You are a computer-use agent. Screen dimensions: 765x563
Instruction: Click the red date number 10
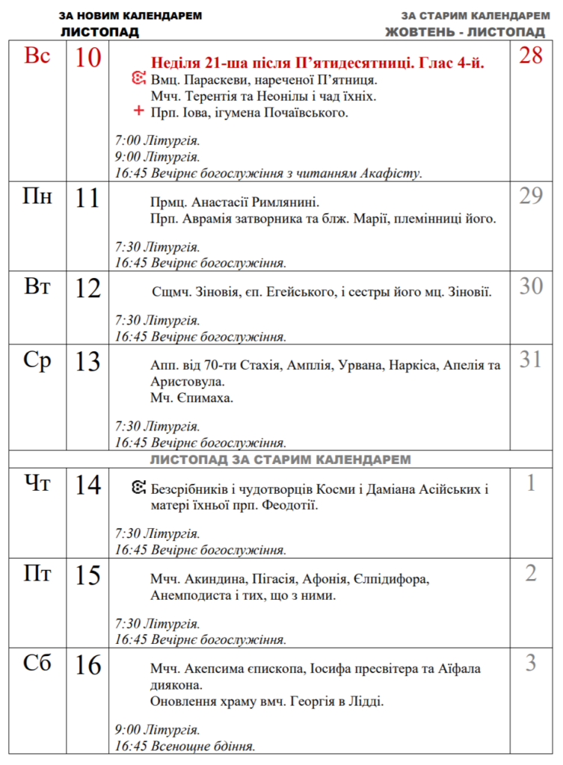(x=87, y=58)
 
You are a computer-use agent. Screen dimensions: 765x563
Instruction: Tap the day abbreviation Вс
(x=37, y=56)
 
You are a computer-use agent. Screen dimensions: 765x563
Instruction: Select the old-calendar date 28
(x=530, y=55)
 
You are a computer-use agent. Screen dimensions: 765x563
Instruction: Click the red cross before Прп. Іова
(x=138, y=112)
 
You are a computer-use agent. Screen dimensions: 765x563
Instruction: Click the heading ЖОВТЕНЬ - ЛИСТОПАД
(x=464, y=32)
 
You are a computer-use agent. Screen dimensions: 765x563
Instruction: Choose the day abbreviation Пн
(x=37, y=197)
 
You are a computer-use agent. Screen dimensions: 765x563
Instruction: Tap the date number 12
(x=87, y=288)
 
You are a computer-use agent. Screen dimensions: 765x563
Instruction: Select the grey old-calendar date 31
(x=530, y=359)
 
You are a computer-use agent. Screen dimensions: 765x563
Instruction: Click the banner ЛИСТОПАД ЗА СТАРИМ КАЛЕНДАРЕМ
(x=280, y=459)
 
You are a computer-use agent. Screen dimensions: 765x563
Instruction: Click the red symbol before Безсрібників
(x=139, y=490)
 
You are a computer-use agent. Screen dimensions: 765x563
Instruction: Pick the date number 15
(x=87, y=575)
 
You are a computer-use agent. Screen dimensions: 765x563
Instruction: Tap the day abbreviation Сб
(x=37, y=663)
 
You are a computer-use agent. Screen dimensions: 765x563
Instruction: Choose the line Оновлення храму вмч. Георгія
(x=267, y=701)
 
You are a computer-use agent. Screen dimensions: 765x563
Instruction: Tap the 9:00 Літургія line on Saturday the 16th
(x=157, y=729)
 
